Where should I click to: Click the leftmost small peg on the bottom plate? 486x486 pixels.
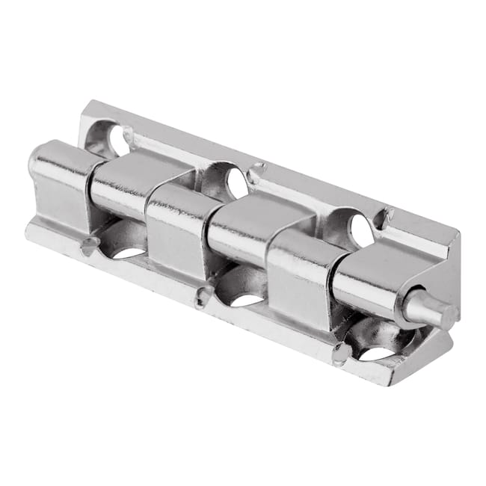coord(89,244)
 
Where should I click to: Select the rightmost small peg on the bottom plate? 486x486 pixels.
coord(341,352)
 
